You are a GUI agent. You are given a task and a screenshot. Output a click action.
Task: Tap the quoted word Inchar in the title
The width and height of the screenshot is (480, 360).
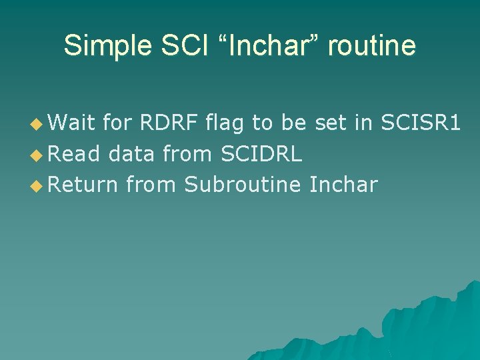pyautogui.click(x=270, y=46)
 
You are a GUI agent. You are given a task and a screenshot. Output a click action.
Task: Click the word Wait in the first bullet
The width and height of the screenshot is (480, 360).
pyautogui.click(x=72, y=123)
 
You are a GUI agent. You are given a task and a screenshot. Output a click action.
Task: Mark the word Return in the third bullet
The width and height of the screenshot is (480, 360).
pyautogui.click(x=83, y=184)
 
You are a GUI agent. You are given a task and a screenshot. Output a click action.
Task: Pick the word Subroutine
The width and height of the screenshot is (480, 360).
pyautogui.click(x=243, y=184)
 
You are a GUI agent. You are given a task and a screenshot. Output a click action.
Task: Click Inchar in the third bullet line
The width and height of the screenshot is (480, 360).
pyautogui.click(x=343, y=184)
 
